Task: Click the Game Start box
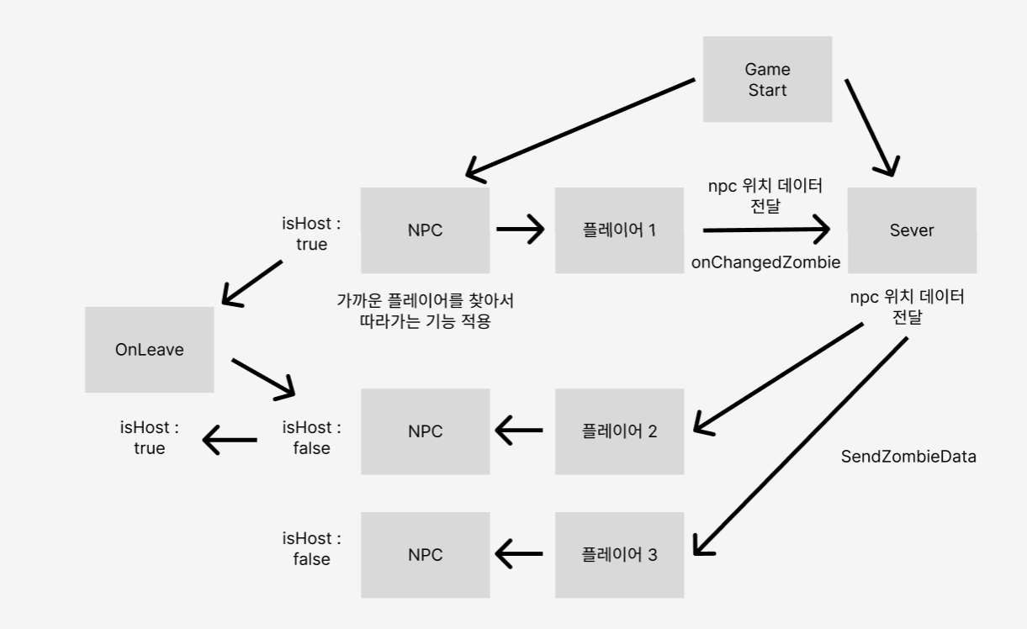(x=768, y=79)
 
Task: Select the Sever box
(x=912, y=230)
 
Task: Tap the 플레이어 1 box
(x=619, y=230)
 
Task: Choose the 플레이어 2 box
(x=619, y=431)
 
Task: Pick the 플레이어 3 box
(x=619, y=554)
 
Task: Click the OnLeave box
(x=149, y=349)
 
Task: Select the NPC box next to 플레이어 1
(x=425, y=230)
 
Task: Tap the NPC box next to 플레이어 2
(x=425, y=431)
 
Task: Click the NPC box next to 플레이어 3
(x=425, y=554)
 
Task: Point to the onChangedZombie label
(x=765, y=262)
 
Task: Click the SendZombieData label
(x=908, y=457)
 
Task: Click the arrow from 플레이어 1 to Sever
(x=765, y=229)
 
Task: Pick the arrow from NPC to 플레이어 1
(x=521, y=229)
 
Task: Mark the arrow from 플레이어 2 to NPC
(x=520, y=431)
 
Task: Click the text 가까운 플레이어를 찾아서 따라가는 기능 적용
(x=424, y=310)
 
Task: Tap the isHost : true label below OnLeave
(x=149, y=437)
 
